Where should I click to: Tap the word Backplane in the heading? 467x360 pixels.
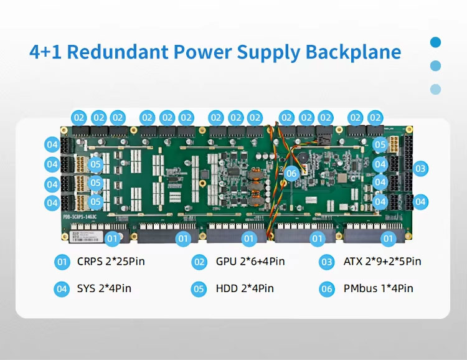tap(353, 52)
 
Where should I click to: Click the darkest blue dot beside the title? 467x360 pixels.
tap(436, 42)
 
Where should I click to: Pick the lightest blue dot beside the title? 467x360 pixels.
tap(436, 89)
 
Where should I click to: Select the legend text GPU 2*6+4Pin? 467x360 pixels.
tap(250, 262)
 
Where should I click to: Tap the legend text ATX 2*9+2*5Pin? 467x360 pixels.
tap(382, 262)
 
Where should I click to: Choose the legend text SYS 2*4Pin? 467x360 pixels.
tap(104, 288)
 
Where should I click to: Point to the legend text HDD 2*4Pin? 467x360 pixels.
tap(245, 288)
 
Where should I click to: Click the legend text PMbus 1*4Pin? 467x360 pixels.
tap(378, 288)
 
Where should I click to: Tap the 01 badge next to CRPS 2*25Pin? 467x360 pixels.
tap(62, 262)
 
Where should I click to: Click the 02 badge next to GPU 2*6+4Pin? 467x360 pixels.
tap(199, 262)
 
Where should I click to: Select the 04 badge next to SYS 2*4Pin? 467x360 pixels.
tap(62, 288)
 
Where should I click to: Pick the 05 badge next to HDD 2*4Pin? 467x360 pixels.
tap(199, 288)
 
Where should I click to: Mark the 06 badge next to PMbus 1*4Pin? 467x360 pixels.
tap(327, 288)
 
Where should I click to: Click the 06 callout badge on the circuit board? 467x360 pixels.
tap(291, 174)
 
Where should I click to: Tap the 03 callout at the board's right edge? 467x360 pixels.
tap(421, 168)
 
